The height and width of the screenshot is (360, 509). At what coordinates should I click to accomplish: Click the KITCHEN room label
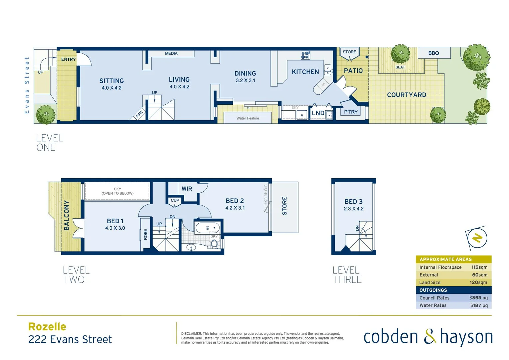pos(305,72)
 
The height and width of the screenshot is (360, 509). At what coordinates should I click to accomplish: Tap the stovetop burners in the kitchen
pos(305,55)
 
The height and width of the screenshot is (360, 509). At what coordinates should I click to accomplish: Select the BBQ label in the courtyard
pos(433,53)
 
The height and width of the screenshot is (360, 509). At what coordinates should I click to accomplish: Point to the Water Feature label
pos(248,118)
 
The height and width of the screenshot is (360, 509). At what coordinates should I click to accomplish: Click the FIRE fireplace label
pos(139,114)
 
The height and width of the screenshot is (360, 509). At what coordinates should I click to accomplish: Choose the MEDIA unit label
pos(171,53)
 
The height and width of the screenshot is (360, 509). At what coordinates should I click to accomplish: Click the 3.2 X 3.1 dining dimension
pos(245,80)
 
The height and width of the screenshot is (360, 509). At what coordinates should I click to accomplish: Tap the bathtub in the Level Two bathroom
pos(207,228)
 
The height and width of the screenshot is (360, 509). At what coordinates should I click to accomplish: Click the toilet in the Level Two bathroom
pos(214,244)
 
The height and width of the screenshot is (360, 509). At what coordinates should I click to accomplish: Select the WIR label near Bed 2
pos(187,189)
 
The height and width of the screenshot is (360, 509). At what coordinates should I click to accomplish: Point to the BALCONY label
pos(67,215)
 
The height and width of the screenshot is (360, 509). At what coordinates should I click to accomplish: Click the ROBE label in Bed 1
pos(146,234)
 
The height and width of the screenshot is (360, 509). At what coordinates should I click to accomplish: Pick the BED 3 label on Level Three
pos(353,202)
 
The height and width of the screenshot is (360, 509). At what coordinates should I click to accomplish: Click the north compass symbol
pos(477,238)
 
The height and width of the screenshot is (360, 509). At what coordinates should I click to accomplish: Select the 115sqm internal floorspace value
pos(479,267)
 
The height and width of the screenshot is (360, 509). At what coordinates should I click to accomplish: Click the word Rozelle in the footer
pos(47,327)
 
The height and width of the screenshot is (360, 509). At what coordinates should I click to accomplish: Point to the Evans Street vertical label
pos(27,85)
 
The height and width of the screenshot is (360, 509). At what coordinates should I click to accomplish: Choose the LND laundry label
pos(318,113)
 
